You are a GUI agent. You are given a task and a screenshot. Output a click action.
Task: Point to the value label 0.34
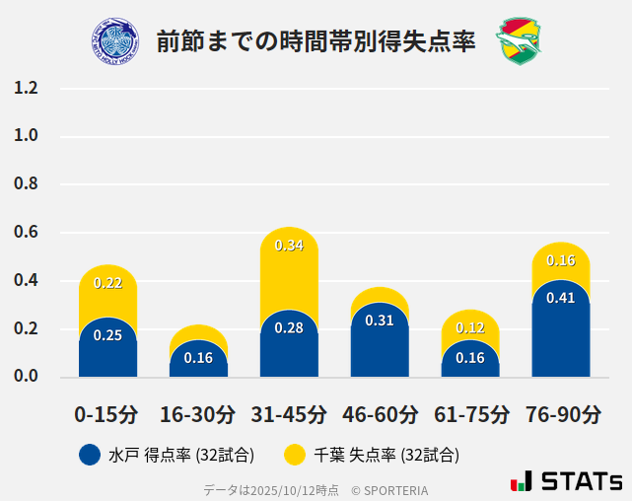(x=289, y=245)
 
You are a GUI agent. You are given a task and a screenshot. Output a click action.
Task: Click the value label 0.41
(x=560, y=298)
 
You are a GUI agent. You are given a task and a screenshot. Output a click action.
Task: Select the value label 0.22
(x=107, y=283)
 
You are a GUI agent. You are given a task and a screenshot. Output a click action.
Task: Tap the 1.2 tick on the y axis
(x=26, y=88)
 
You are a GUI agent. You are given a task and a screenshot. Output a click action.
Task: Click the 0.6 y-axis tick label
(x=26, y=233)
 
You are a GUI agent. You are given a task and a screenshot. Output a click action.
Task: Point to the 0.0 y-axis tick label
(x=26, y=377)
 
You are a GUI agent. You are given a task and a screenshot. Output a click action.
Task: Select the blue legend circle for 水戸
(x=90, y=455)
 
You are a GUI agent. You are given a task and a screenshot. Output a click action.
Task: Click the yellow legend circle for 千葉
(x=295, y=455)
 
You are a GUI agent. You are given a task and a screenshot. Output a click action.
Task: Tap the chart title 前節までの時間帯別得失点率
(x=316, y=41)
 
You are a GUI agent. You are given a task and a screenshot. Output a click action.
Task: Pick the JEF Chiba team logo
(x=519, y=40)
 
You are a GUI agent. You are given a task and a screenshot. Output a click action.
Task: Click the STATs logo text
(x=582, y=482)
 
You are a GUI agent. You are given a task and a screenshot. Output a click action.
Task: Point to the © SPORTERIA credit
(x=389, y=489)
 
